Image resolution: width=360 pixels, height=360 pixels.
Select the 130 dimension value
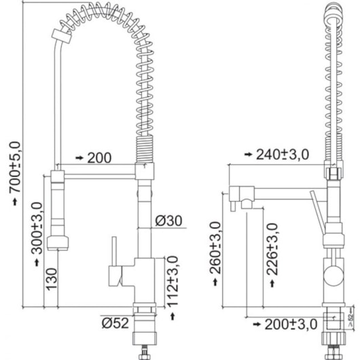point(50,278)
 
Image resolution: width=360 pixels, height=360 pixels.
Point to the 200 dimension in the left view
point(99,158)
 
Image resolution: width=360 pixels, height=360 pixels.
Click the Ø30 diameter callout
point(168,221)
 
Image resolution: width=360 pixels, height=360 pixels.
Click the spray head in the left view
point(59,242)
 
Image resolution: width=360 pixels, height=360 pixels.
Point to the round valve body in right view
point(332,274)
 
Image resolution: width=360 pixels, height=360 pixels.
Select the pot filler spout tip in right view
point(232,204)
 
